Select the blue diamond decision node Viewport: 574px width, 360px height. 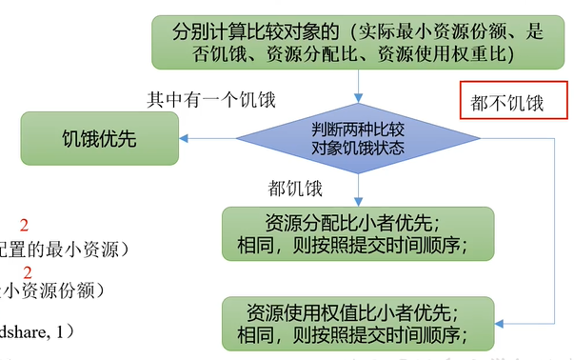358,138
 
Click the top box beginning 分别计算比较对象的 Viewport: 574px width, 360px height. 358,41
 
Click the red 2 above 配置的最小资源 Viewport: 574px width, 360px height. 25,226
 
